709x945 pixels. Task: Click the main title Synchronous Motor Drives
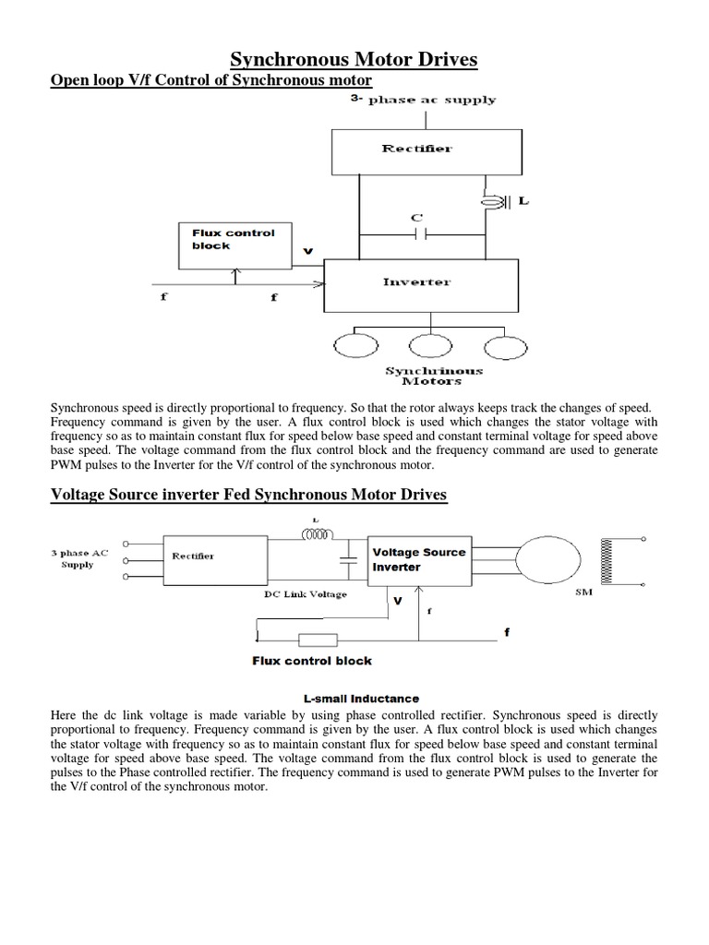coord(354,60)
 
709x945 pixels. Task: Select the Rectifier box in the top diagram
coord(418,150)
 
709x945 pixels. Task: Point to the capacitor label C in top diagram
coord(417,218)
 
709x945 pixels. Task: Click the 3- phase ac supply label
coord(423,100)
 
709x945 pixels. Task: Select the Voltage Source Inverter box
coord(418,559)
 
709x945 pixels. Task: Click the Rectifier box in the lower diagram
coord(193,556)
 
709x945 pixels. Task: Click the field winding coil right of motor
coord(607,560)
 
